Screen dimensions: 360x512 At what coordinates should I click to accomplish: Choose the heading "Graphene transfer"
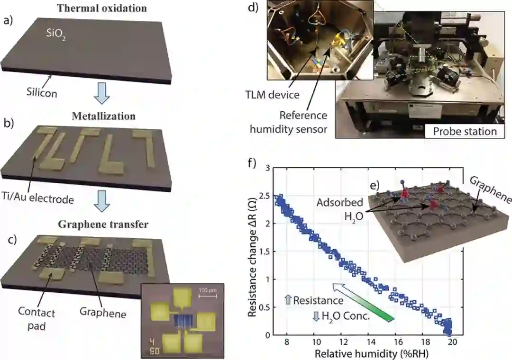pyautogui.click(x=103, y=225)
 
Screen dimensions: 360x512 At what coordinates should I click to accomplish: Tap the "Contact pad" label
pyautogui.click(x=37, y=319)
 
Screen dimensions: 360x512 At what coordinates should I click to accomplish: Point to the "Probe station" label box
pyautogui.click(x=465, y=131)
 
